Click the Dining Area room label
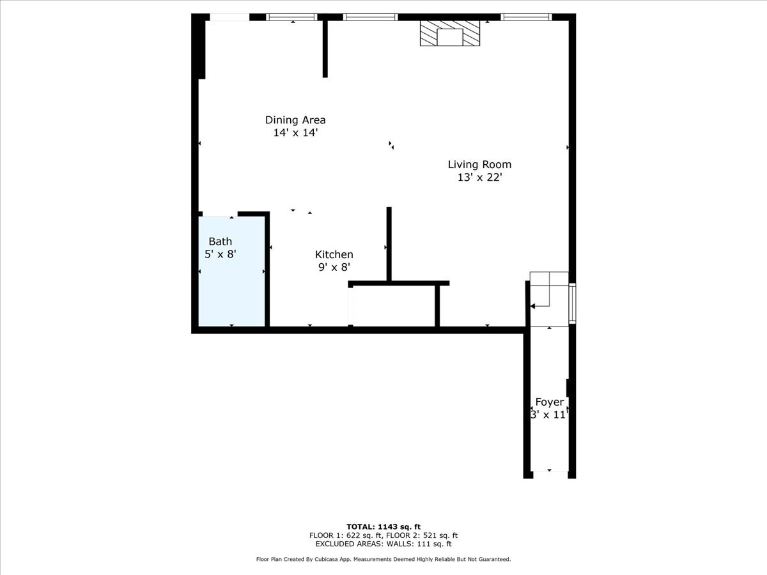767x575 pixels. click(295, 120)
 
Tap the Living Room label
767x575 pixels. click(479, 165)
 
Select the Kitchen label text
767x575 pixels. click(334, 255)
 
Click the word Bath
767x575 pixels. click(221, 241)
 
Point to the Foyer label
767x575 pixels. click(550, 402)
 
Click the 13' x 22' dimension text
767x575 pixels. click(479, 178)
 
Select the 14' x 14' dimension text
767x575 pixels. click(295, 133)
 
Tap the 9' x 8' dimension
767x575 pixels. click(334, 268)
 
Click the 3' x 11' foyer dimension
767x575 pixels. click(550, 415)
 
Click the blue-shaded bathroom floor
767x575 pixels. click(231, 294)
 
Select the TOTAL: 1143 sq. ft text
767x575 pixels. click(383, 526)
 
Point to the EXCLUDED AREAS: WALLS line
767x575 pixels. click(383, 544)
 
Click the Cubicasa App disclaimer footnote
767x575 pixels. click(383, 560)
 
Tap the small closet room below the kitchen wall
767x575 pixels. click(393, 305)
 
